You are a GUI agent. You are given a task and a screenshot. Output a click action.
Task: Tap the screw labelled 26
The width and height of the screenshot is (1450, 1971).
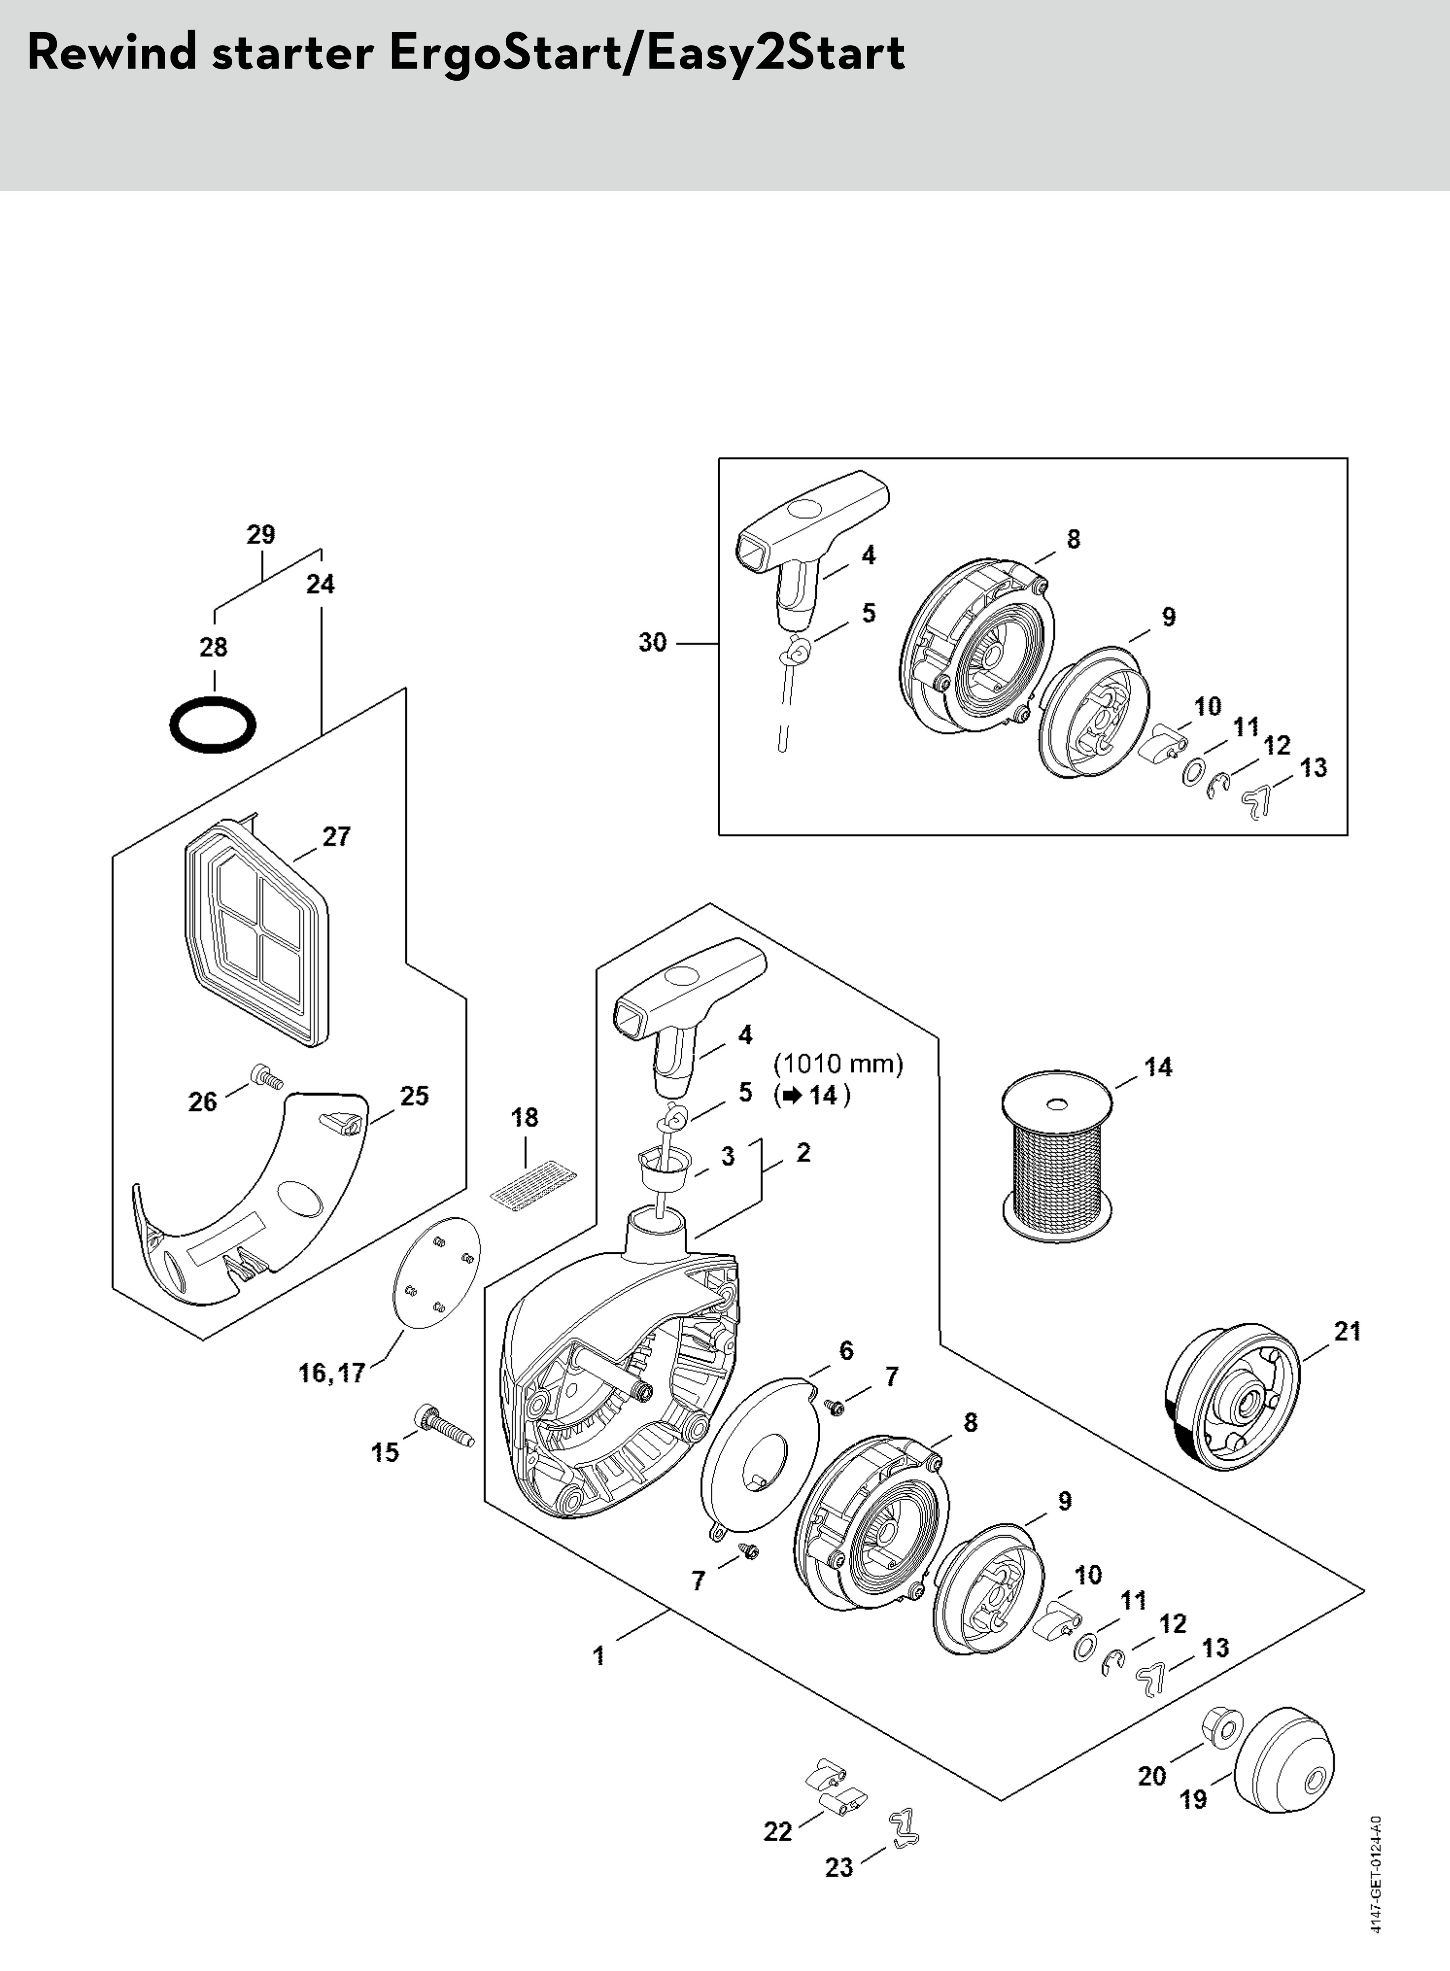266,1076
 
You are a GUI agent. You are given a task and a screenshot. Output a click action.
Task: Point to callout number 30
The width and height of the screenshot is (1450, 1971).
652,642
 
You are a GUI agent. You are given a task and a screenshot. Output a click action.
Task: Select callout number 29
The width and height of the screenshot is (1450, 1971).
260,534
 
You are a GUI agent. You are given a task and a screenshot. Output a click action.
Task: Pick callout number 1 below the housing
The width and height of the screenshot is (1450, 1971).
599,1656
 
